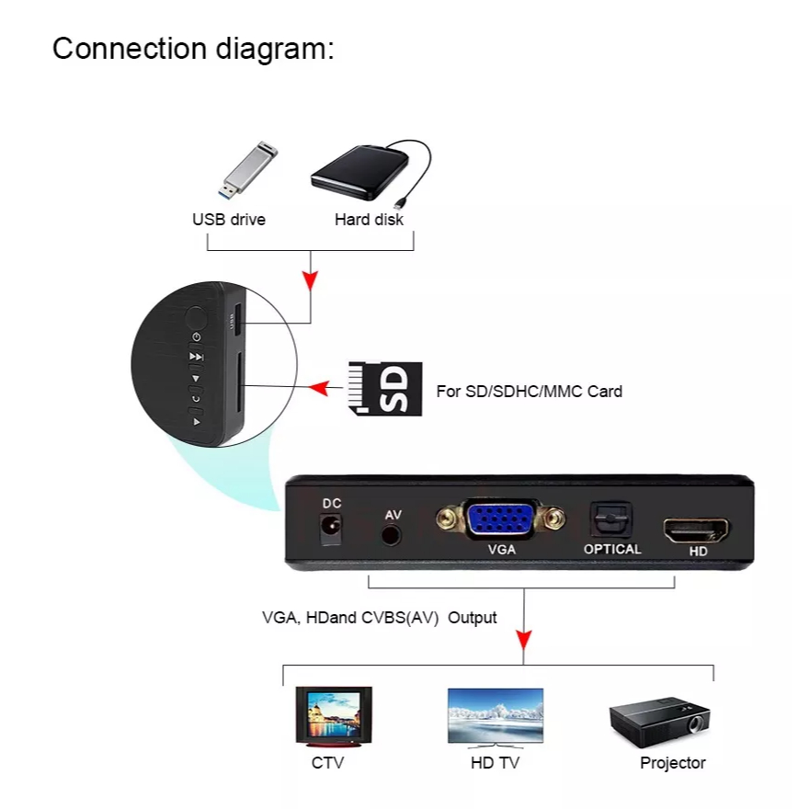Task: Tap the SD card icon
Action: [385, 388]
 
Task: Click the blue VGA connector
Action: [502, 520]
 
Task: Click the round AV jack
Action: [393, 534]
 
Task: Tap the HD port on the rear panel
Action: [697, 530]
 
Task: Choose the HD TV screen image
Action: [495, 715]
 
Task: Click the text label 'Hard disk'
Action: [369, 220]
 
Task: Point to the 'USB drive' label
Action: [229, 220]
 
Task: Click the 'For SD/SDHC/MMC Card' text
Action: [529, 391]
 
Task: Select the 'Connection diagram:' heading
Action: [193, 48]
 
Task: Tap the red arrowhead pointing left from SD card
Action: [318, 388]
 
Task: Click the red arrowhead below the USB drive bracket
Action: [311, 279]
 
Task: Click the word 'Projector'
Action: [673, 763]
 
